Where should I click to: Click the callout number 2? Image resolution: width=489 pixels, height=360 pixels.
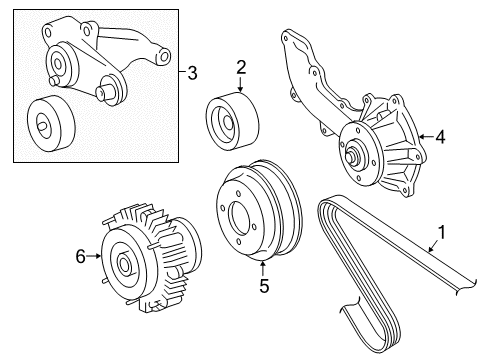(241, 67)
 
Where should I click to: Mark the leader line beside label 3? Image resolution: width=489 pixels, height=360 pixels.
(175, 72)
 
